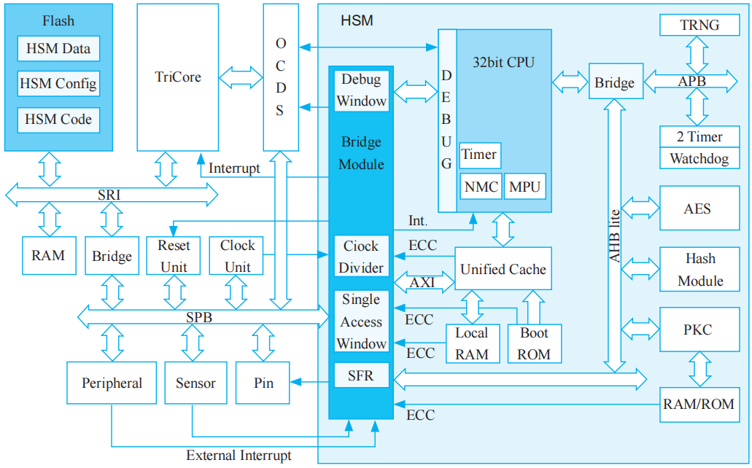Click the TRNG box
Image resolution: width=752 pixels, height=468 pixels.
click(699, 25)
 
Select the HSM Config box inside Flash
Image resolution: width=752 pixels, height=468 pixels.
click(58, 84)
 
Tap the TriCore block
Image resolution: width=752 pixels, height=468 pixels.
click(178, 78)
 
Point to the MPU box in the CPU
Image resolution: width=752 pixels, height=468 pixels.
click(525, 187)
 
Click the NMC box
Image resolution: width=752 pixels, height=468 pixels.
click(481, 187)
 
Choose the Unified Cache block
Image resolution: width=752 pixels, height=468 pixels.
click(503, 268)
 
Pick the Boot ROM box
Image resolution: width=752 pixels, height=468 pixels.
click(534, 344)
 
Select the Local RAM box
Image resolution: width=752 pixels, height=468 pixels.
click(473, 344)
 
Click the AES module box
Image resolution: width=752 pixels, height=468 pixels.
click(699, 208)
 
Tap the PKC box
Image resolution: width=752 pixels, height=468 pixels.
click(699, 330)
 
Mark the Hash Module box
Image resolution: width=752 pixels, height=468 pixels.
click(699, 270)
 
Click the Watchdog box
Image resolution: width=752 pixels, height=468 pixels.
click(699, 158)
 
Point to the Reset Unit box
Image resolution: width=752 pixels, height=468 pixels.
click(174, 256)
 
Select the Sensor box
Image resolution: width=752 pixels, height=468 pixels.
click(195, 383)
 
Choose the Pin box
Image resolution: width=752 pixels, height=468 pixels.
click(263, 383)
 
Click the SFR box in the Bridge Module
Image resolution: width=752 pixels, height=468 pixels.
click(361, 375)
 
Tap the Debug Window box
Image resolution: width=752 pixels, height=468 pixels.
click(361, 90)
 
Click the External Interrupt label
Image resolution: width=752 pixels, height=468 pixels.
click(239, 456)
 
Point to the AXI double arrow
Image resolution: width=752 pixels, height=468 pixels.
click(424, 282)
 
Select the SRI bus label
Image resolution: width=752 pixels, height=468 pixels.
click(109, 195)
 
